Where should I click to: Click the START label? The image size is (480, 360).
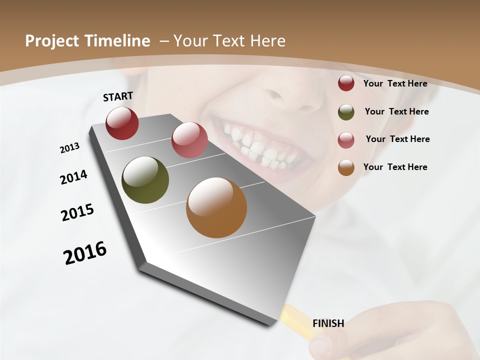pos(118,96)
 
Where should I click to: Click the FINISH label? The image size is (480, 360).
pos(328,323)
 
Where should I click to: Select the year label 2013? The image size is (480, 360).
pos(69,148)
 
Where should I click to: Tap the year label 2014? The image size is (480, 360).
pos(73,177)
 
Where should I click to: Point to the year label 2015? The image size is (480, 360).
pos(77,212)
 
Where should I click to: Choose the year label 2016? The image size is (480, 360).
pos(85,253)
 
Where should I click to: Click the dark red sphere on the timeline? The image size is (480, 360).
pos(122,123)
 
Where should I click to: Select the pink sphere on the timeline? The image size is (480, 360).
pos(189,140)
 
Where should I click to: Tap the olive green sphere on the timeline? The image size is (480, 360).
pos(145,180)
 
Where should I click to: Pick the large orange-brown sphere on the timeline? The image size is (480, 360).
pos(216,207)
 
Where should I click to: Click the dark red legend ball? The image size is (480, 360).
pos(346,83)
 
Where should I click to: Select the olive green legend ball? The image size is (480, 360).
pos(346,111)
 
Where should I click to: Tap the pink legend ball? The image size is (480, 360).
pos(346,139)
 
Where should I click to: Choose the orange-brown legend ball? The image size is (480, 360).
pos(346,167)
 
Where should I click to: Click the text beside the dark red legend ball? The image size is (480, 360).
pos(395,83)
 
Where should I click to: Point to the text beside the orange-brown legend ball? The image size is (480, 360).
pos(395,167)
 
